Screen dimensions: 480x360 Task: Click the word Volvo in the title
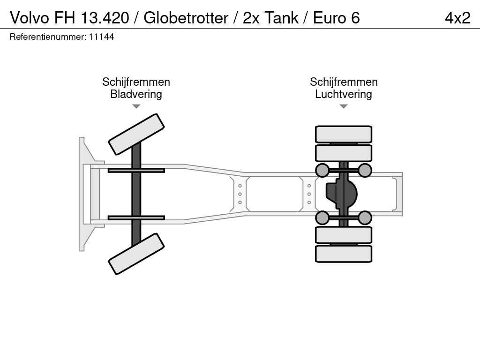[30, 18]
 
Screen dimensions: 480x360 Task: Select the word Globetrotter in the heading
[186, 18]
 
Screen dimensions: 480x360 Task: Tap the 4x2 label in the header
[457, 18]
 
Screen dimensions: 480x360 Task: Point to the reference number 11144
[101, 37]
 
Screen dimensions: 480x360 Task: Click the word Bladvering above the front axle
[136, 94]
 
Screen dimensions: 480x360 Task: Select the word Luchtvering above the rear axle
[344, 94]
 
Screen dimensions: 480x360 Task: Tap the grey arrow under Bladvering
[136, 106]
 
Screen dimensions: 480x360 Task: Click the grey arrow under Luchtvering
[344, 106]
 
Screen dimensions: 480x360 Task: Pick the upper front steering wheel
[136, 134]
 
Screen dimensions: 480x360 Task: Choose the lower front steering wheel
[136, 254]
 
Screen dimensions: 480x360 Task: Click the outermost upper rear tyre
[344, 134]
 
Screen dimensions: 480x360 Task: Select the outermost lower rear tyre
[344, 254]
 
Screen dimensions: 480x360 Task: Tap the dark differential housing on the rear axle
[342, 194]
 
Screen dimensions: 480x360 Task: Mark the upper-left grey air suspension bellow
[322, 170]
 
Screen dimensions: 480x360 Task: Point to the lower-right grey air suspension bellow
[365, 218]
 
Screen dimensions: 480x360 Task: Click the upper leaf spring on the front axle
[136, 170]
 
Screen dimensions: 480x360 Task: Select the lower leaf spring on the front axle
[136, 217]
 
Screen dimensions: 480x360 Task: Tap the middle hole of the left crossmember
[240, 194]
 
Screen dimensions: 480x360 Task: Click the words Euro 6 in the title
[336, 18]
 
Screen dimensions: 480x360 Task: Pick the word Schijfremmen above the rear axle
[344, 82]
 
